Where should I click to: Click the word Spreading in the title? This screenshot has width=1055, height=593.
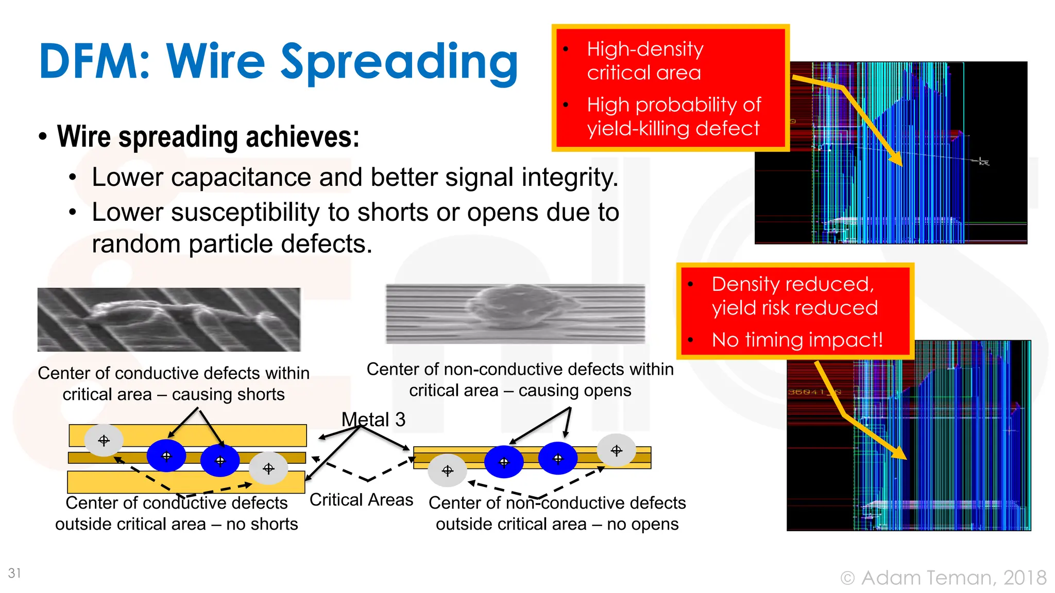pyautogui.click(x=399, y=63)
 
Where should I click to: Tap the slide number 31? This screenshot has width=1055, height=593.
pyautogui.click(x=14, y=573)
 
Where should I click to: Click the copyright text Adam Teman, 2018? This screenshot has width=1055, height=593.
pyautogui.click(x=953, y=578)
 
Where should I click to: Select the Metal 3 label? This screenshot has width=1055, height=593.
pyautogui.click(x=373, y=420)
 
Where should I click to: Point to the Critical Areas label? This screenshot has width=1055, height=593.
pyautogui.click(x=361, y=500)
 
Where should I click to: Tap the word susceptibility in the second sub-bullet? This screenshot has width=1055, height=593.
pyautogui.click(x=245, y=213)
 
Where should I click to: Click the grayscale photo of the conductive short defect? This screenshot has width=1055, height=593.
pyautogui.click(x=169, y=320)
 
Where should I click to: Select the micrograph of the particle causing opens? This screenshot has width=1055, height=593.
pyautogui.click(x=515, y=313)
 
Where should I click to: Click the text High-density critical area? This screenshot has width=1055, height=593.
pyautogui.click(x=645, y=61)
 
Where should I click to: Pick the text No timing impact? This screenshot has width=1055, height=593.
pyautogui.click(x=797, y=340)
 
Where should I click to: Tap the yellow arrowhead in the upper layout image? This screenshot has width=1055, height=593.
pyautogui.click(x=897, y=160)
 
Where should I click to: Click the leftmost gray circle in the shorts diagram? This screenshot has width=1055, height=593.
pyautogui.click(x=104, y=441)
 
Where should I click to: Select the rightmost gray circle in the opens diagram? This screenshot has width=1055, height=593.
pyautogui.click(x=617, y=451)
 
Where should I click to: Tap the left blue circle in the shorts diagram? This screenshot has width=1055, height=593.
pyautogui.click(x=166, y=456)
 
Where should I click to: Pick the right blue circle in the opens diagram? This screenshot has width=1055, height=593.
pyautogui.click(x=558, y=458)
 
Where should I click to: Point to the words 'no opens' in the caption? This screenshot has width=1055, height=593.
pyautogui.click(x=642, y=524)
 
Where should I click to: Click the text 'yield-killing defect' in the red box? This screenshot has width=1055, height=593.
pyautogui.click(x=673, y=128)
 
